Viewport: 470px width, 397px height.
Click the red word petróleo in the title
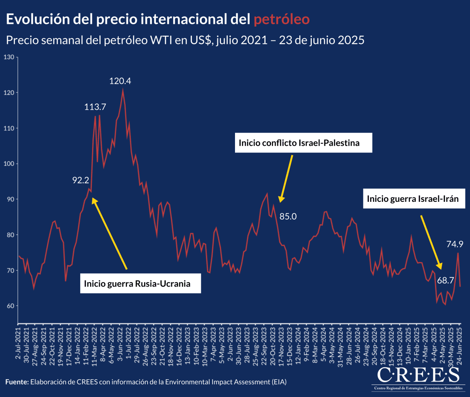282,19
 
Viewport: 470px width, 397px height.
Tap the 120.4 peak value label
120,81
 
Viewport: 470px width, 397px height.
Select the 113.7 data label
95,107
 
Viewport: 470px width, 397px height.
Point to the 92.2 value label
81,180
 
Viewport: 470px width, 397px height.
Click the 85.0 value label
288,216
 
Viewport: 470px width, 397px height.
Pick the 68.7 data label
445,281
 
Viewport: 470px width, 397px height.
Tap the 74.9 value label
455,244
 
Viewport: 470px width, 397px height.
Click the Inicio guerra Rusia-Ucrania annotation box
137,283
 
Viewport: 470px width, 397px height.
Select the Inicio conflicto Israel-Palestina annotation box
299,143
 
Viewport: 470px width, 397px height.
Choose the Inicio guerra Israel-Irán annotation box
413,199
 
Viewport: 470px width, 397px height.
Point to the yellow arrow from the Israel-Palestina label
286,178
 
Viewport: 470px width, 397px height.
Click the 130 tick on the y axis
9,57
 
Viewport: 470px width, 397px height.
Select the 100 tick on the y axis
9,164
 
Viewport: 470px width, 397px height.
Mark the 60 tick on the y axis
10,306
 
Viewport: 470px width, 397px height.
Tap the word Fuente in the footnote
17,382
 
